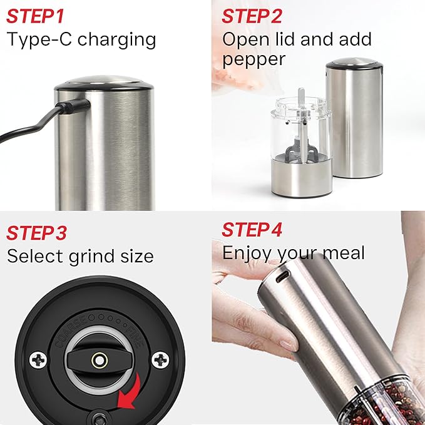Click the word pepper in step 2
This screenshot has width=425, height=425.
click(253, 59)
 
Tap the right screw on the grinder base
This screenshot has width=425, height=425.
click(161, 359)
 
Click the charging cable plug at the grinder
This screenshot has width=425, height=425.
click(69, 108)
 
